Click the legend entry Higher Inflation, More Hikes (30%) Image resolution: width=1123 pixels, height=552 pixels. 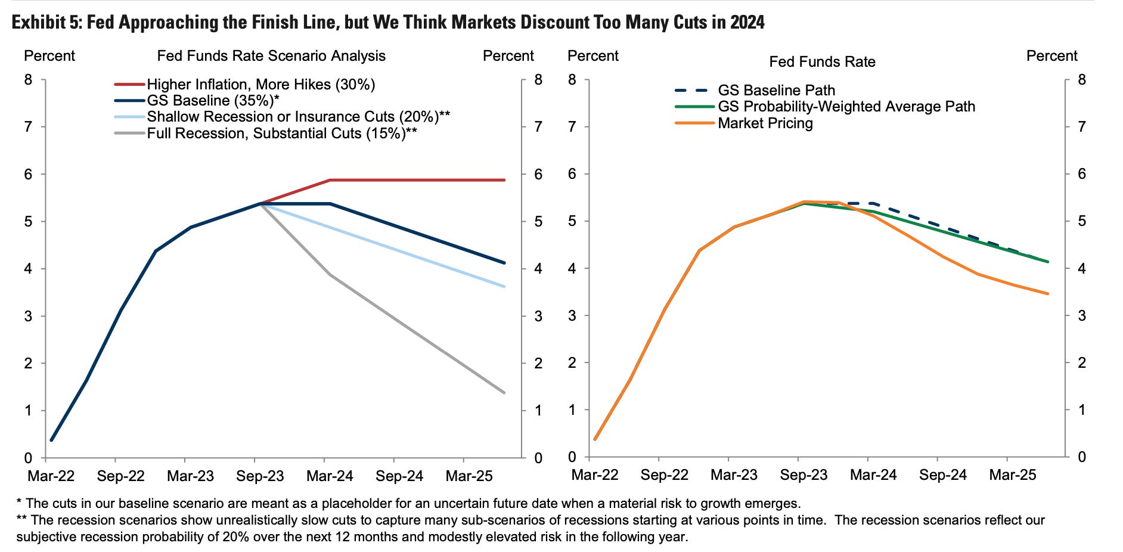coord(261,85)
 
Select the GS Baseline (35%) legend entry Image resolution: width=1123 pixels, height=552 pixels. coord(213,101)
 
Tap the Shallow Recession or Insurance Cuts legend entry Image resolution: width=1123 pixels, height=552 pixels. coord(298,117)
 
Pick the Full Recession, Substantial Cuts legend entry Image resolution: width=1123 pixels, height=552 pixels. coord(281,133)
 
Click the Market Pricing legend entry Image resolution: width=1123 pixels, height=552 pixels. coord(765,123)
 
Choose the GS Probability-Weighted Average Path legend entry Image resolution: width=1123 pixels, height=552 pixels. coord(846,107)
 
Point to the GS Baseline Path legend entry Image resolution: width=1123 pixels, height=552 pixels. coord(776,91)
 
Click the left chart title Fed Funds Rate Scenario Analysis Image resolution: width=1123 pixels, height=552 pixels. coord(271,56)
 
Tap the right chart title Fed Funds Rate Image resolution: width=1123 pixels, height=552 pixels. coord(822,62)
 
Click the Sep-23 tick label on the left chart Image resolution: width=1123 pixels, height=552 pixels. coord(260,476)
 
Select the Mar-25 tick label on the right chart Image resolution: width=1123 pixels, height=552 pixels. coord(1013,475)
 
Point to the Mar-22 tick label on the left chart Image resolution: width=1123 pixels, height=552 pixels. coord(51,476)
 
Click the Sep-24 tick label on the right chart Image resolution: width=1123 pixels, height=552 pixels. coord(943,475)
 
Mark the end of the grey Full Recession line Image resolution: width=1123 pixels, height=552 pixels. coord(504,392)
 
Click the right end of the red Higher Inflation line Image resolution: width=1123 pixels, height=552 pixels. coord(504,180)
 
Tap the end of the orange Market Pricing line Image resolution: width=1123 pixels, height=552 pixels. coord(1047,294)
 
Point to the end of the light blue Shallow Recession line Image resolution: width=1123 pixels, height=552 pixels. coord(504,287)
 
